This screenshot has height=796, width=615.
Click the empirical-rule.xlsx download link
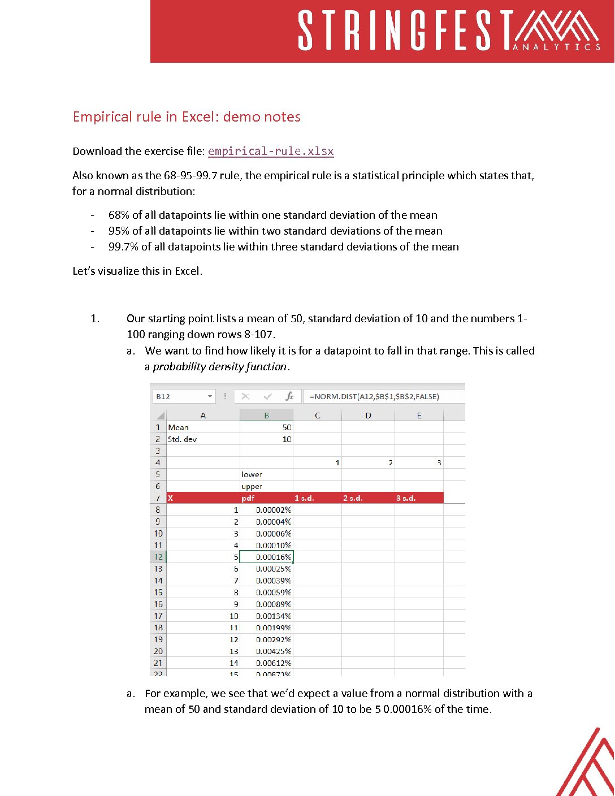(271, 152)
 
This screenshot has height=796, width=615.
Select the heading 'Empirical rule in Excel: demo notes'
(187, 117)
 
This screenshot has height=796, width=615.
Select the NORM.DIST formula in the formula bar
(374, 396)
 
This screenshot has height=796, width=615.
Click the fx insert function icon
(289, 396)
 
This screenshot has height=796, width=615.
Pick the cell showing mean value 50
(266, 428)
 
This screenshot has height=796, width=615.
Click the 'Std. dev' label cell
(183, 439)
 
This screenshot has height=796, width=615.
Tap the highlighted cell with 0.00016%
(267, 557)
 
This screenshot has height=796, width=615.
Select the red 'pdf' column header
(248, 498)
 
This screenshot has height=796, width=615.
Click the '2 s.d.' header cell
(353, 498)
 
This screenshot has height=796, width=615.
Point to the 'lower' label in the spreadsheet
(252, 474)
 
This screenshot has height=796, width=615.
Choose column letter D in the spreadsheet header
(368, 416)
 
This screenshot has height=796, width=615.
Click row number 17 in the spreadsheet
(158, 616)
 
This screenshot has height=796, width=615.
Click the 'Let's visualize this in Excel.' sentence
(137, 271)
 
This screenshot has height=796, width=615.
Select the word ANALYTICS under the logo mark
(557, 47)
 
